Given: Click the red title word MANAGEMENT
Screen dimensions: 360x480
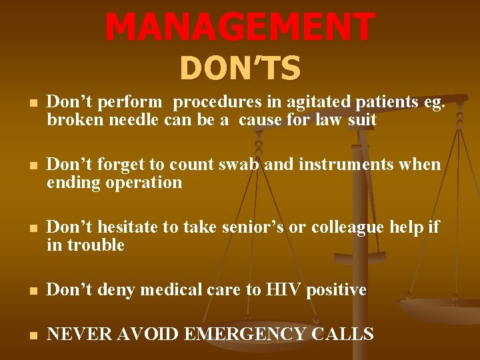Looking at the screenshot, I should [239, 27].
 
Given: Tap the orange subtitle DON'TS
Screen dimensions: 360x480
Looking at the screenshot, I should [240, 68].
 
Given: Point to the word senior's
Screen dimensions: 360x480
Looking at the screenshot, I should [252, 227].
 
